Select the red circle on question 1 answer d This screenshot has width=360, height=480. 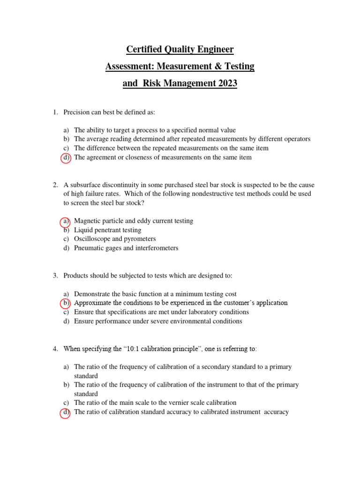coord(66,157)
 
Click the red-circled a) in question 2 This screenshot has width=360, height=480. coord(66,221)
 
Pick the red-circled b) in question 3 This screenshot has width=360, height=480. coord(66,303)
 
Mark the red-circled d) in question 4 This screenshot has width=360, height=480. coord(66,412)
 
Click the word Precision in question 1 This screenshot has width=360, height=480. coord(78,112)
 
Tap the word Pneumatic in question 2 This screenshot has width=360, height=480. coord(90,248)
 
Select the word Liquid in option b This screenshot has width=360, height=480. coord(83,230)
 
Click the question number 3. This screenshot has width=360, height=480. coord(55,276)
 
